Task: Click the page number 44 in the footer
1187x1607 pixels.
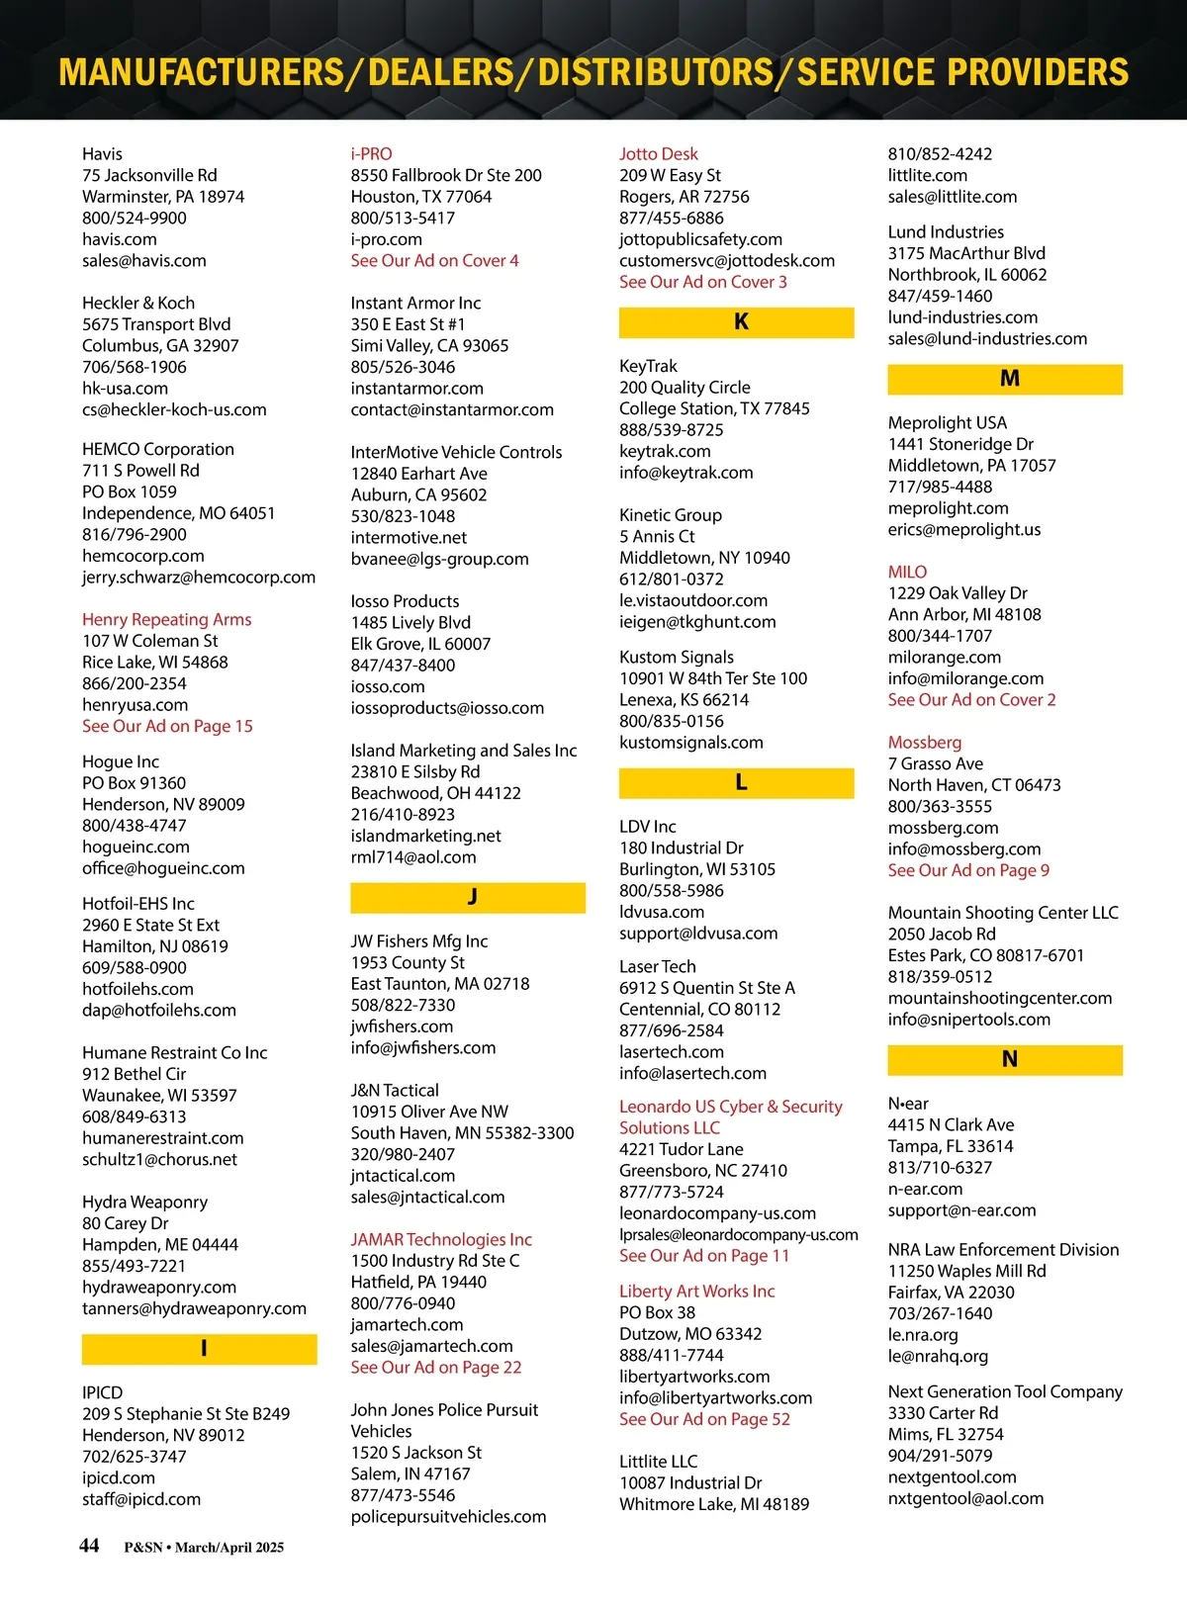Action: coord(89,1546)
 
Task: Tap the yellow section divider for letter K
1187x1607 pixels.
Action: coord(736,322)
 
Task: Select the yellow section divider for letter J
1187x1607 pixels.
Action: coord(468,897)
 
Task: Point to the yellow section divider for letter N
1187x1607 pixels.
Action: coord(1005,1059)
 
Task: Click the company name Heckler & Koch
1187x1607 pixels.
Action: coord(138,303)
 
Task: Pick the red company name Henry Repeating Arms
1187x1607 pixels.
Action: coord(166,619)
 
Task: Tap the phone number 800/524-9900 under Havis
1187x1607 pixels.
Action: coord(134,218)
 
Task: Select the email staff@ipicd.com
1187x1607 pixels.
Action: coord(141,1499)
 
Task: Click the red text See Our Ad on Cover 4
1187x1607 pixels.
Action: coord(434,260)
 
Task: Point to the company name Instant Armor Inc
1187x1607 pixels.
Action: coord(415,303)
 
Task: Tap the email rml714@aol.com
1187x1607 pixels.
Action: coord(413,857)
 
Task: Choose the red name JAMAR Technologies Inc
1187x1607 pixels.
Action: coord(441,1239)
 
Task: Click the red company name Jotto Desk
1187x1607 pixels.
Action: coord(659,153)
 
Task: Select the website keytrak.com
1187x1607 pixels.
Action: coord(665,451)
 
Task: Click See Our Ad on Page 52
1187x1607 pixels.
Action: coord(704,1419)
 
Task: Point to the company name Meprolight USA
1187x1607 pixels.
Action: coord(947,422)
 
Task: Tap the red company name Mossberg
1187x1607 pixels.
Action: coord(925,742)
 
